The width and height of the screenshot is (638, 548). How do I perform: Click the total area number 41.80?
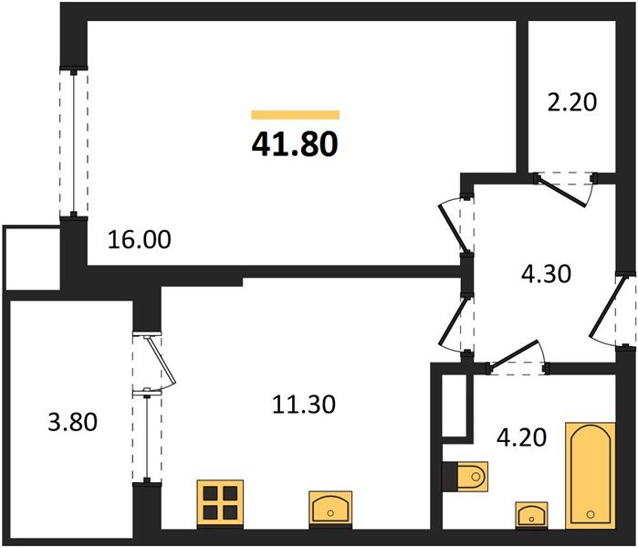click(294, 144)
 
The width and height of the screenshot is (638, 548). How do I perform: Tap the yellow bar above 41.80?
click(295, 115)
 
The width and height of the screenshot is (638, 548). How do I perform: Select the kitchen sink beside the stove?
click(330, 508)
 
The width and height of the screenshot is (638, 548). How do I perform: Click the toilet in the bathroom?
click(466, 476)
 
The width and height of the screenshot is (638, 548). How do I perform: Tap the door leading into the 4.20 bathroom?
click(516, 357)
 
